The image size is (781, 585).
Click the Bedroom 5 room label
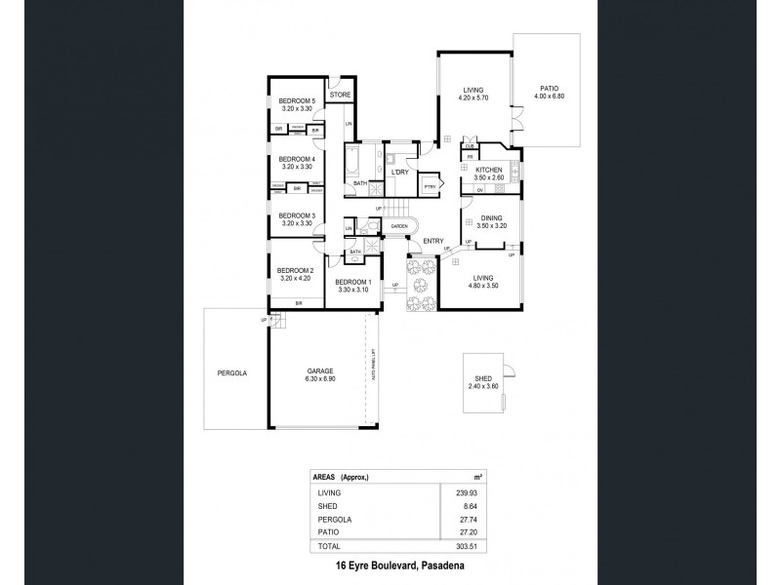(x=297, y=101)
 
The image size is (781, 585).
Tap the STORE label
(x=340, y=95)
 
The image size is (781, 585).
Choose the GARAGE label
(x=321, y=370)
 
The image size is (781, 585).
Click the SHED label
(x=483, y=380)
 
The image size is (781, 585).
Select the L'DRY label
(x=399, y=172)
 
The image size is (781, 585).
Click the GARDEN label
(x=399, y=226)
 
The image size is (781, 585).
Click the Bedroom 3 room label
(x=297, y=215)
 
